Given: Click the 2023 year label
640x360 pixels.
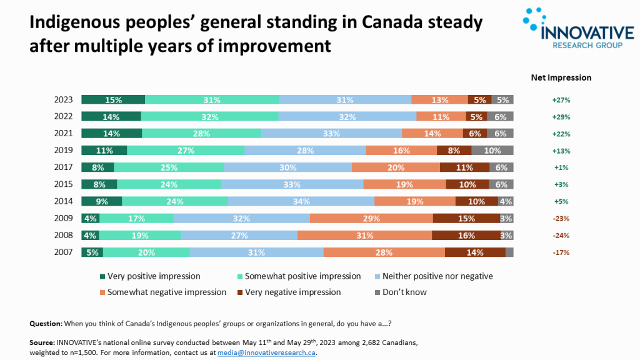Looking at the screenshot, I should tap(64, 99).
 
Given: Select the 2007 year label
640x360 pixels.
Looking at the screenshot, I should tap(64, 252).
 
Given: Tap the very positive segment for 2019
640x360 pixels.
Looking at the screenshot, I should tap(104, 151).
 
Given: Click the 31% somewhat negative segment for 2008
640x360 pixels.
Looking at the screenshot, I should tap(364, 236).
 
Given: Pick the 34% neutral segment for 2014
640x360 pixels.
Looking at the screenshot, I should tap(301, 201).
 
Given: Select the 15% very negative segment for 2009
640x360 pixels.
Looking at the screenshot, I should tap(466, 219).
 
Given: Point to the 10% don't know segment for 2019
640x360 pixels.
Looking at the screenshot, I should tap(492, 151).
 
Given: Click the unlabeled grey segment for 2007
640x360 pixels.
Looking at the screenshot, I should tap(509, 252).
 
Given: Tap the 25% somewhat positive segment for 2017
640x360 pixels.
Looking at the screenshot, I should tap(169, 167).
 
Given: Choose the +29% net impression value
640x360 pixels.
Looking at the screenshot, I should tap(561, 117).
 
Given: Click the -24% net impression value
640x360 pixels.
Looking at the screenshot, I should tap(561, 236).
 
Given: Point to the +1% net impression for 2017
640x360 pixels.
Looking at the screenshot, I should tap(561, 167).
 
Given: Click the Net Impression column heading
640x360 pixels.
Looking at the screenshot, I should tap(561, 78).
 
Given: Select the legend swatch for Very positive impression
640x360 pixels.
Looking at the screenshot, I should tap(102, 276).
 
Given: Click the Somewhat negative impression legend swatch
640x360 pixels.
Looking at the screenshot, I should tap(102, 292).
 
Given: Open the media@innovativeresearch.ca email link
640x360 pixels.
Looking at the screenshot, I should tap(267, 352).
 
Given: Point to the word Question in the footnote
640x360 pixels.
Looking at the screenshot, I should tap(45, 324).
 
